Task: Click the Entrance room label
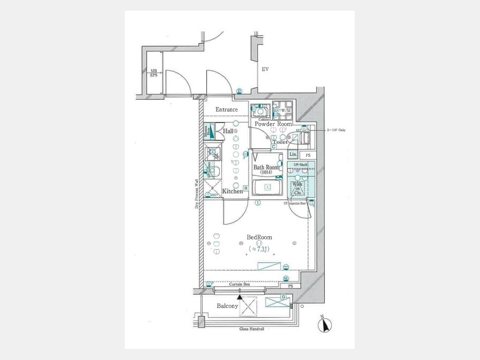click(227, 110)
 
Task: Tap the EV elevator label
click(265, 70)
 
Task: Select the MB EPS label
click(154, 73)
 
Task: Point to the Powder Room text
click(273, 124)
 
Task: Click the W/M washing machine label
click(286, 110)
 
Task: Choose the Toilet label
click(280, 142)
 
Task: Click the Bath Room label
click(266, 167)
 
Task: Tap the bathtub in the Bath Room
click(268, 188)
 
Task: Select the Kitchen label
click(233, 191)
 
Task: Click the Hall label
click(228, 131)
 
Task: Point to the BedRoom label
click(259, 237)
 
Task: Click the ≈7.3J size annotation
click(259, 249)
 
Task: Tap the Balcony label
click(227, 306)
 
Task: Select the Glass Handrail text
click(252, 329)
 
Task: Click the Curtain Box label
click(239, 285)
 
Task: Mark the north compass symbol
click(324, 324)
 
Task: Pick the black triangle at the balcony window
click(239, 297)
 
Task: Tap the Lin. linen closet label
click(292, 155)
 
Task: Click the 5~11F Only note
click(336, 130)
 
